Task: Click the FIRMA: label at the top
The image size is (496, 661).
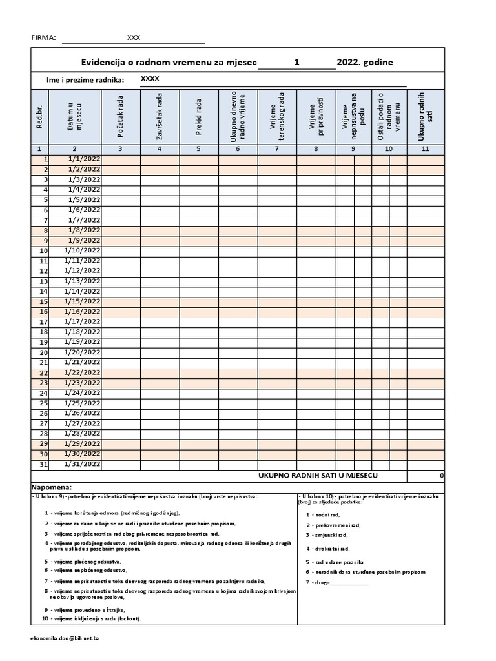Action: coord(44,37)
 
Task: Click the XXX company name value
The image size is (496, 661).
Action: coord(134,37)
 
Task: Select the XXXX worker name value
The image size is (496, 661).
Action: coord(150,79)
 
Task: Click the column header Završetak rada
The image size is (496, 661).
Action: coord(160,116)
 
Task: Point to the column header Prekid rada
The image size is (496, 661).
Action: coord(199,116)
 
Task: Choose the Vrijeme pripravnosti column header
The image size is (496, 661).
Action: coord(316,116)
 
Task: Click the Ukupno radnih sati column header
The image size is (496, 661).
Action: coord(425,116)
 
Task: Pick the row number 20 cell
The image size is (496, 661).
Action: coord(44,352)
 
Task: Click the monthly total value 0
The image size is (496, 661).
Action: coord(441,476)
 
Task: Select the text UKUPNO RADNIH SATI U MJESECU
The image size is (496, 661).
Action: coord(318,476)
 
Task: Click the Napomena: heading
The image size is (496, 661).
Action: coord(51,487)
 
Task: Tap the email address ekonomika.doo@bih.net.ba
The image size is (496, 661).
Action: coord(65,638)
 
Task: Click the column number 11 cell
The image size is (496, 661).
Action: coord(425,149)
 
